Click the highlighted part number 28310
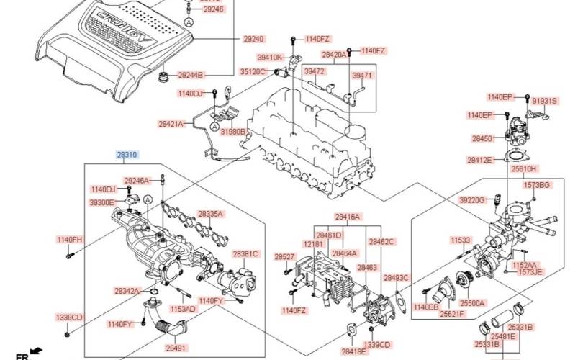click(x=127, y=155)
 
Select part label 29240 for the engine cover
click(x=253, y=38)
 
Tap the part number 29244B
click(x=191, y=75)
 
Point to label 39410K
click(x=271, y=57)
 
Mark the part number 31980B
click(x=232, y=132)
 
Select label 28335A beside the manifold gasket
click(x=211, y=215)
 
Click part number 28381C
click(x=245, y=254)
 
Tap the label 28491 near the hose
click(x=176, y=348)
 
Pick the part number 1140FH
click(x=70, y=239)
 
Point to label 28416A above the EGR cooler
click(x=347, y=217)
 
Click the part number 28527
click(x=284, y=257)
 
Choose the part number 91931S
click(x=544, y=102)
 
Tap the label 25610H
click(x=524, y=168)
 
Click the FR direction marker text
click(x=22, y=356)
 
